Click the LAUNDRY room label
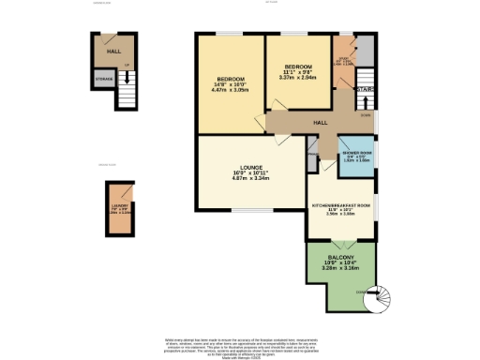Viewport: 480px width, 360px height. click(119, 205)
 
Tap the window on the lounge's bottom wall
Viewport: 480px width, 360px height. click(247, 209)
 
